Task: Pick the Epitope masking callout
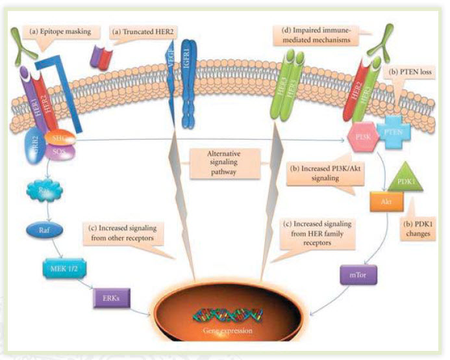(57, 31)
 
